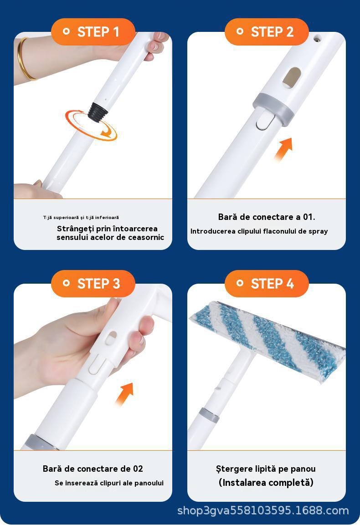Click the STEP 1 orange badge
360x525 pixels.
coord(93,32)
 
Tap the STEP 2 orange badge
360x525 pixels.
coord(267,32)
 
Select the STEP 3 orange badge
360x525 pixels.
coord(93,284)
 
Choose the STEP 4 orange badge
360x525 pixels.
coord(267,284)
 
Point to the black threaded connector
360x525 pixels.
coord(98,112)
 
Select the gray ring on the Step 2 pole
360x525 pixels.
coord(273,108)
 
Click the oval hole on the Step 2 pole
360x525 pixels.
coord(291,78)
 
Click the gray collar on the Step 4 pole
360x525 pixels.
coord(209,415)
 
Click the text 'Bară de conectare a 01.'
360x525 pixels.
coord(267,217)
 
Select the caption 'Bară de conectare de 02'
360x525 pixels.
coord(93,469)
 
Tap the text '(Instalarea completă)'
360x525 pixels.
coord(266,483)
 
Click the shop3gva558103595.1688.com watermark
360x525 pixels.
coord(263,510)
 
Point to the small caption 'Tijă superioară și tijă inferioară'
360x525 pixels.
coord(81,218)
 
